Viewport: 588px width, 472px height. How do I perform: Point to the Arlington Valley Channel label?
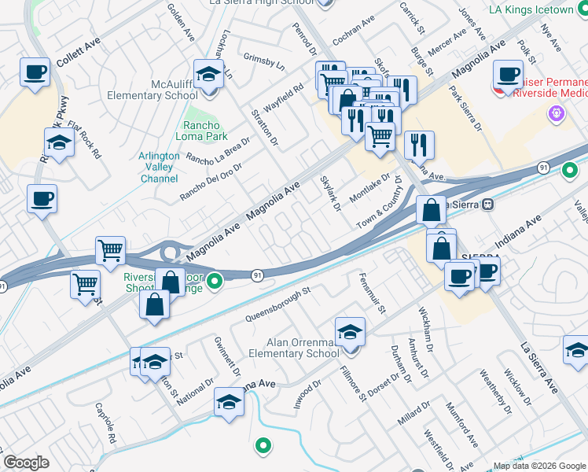click(x=159, y=167)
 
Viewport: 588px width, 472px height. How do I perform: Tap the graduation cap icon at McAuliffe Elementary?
click(x=208, y=76)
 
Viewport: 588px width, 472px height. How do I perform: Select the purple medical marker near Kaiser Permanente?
click(x=557, y=113)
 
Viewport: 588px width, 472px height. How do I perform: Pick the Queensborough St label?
click(x=279, y=303)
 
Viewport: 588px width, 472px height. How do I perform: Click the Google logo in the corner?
click(x=26, y=463)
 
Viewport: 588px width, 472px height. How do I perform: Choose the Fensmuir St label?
click(x=372, y=293)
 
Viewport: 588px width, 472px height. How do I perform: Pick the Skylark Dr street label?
click(x=331, y=194)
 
